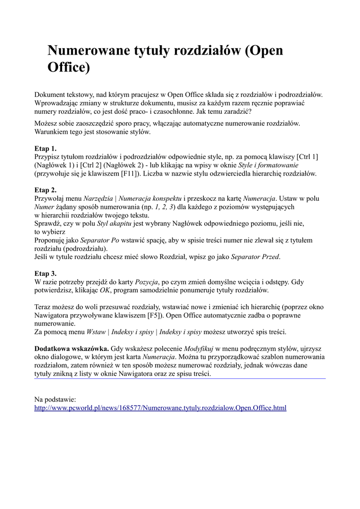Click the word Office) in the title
point(69,67)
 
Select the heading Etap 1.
point(45,148)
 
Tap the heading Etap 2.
point(45,190)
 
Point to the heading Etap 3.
point(45,273)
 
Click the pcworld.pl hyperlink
point(160,408)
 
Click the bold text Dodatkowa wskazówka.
point(72,348)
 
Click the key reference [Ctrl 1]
point(307,157)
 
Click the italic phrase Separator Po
point(100,240)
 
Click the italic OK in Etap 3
point(105,290)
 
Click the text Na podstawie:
point(55,399)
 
